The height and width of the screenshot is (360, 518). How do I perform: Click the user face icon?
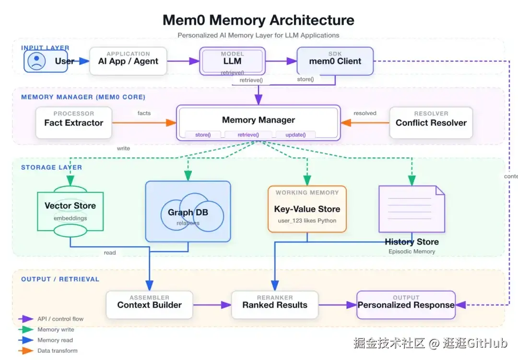tap(37, 61)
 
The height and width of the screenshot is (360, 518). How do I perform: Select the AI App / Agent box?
tap(128, 61)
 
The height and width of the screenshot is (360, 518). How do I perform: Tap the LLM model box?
tap(232, 61)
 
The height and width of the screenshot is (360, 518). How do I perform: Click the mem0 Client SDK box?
tap(335, 61)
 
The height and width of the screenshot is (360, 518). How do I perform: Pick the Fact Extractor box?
tap(73, 123)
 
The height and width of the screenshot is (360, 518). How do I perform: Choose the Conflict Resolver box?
tap(431, 123)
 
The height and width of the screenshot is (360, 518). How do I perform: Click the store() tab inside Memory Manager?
tap(203, 135)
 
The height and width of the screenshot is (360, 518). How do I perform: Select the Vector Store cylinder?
tap(70, 210)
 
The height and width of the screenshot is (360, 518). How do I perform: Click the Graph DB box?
tap(188, 211)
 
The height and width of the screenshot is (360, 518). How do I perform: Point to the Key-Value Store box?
tap(307, 209)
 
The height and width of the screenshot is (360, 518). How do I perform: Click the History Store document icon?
tap(412, 209)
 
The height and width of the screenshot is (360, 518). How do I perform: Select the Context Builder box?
tap(149, 305)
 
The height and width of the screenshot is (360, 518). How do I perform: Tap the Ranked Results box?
tap(274, 305)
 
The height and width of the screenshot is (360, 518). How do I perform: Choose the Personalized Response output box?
tap(406, 305)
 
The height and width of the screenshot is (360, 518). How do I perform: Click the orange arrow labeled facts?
tap(144, 123)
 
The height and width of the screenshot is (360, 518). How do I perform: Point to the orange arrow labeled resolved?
tap(365, 123)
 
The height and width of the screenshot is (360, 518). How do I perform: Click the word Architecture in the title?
tap(312, 20)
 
